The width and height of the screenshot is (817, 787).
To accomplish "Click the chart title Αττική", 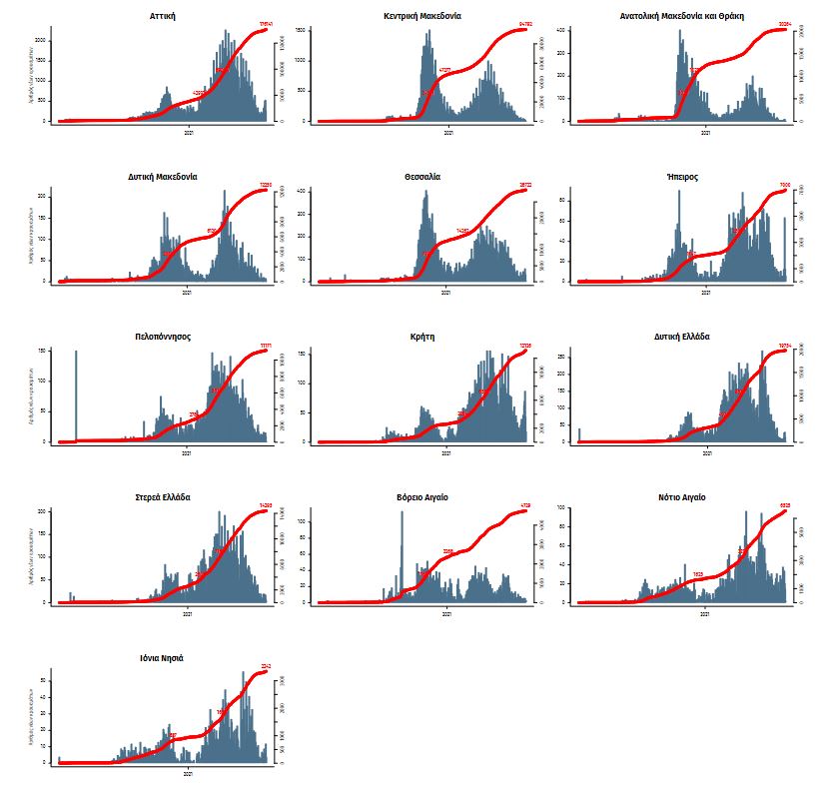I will tap(162, 17).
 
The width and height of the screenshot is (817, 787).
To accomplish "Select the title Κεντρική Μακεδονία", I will tap(421, 17).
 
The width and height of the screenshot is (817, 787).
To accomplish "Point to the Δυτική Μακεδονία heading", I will tap(162, 177).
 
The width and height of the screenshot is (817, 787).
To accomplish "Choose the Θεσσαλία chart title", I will tap(421, 177).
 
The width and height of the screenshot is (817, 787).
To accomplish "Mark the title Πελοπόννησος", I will tap(162, 337).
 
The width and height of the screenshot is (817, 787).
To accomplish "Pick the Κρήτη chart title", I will tap(421, 337).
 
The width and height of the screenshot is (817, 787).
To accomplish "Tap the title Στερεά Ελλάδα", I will tap(162, 497).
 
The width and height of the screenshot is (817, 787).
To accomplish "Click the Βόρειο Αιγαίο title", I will tap(421, 497).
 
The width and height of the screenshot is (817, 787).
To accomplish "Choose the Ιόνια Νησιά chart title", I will tap(162, 658).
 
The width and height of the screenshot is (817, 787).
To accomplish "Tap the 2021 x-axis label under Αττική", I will tap(188, 131).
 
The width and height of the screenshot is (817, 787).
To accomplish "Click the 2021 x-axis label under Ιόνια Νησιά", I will tap(188, 772).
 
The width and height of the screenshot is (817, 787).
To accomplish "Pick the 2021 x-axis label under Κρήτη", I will tap(446, 451).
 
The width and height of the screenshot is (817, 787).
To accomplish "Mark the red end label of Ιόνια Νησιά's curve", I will tap(266, 666).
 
